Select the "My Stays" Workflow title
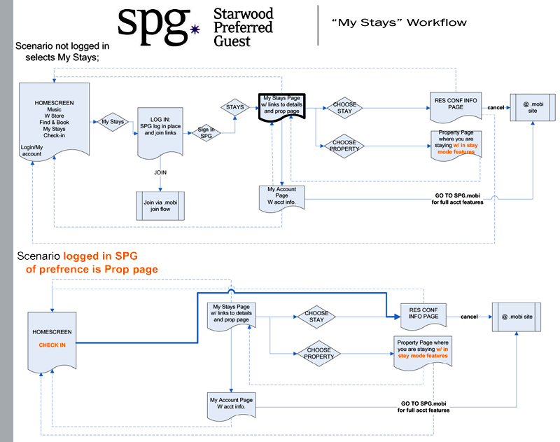[399, 22]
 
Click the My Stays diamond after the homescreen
[113, 122]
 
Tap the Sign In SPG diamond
[206, 131]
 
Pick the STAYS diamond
[235, 107]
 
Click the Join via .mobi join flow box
[160, 205]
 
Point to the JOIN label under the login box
[160, 172]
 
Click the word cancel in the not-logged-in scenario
[496, 107]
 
